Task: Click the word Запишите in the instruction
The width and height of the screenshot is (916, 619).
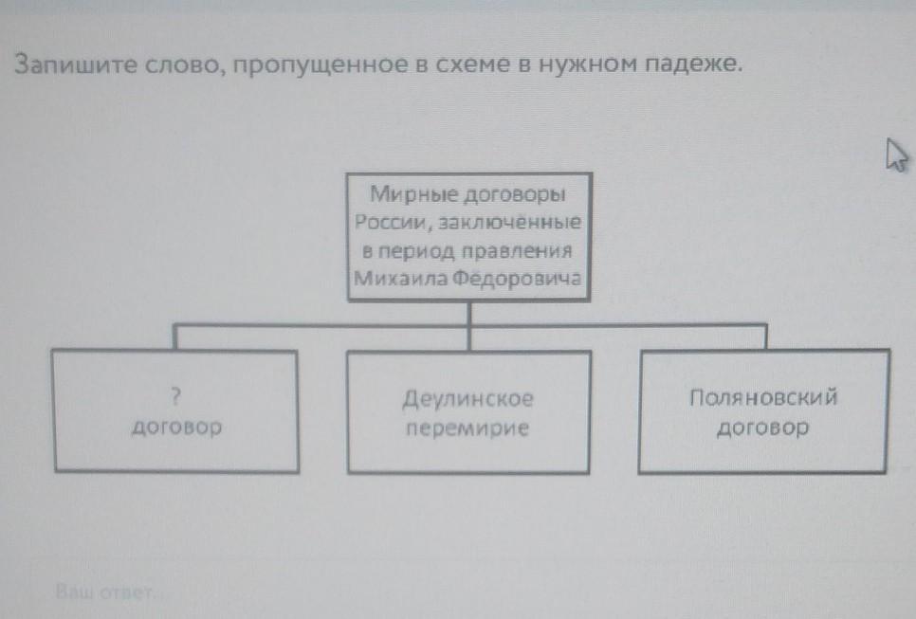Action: tap(75, 64)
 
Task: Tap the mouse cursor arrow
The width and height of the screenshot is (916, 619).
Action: tap(897, 155)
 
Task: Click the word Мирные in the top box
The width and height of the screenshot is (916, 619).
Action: tap(413, 194)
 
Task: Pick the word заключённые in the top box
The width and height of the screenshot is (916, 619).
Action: tap(509, 222)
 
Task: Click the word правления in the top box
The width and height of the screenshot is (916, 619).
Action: tap(517, 251)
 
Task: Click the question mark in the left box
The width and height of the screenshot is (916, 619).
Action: tap(175, 397)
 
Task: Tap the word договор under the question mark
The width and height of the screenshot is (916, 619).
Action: tap(177, 427)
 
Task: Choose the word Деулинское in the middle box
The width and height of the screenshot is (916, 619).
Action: tap(467, 399)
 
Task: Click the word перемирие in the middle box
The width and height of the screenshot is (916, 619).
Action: tap(467, 428)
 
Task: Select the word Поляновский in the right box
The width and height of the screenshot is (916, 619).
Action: tap(763, 397)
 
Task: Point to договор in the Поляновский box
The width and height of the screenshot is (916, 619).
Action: tap(762, 428)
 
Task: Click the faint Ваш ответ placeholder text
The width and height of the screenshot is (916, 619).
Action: tap(105, 592)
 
